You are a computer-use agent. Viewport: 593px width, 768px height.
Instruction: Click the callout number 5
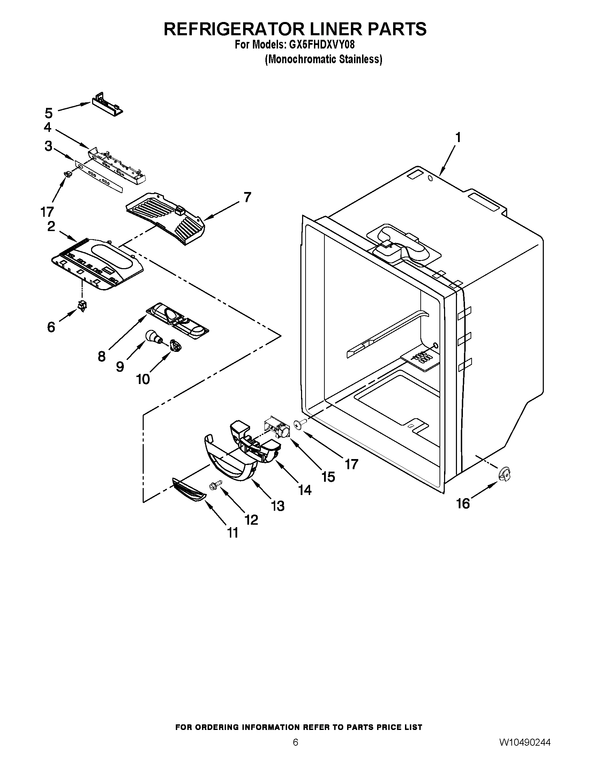tap(48, 113)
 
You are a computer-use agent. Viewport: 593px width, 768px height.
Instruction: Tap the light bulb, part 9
tap(153, 337)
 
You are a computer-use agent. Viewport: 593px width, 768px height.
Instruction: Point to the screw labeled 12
tap(214, 486)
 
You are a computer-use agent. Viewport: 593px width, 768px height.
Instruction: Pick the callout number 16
tap(463, 503)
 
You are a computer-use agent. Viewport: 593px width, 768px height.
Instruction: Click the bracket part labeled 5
tap(107, 104)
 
